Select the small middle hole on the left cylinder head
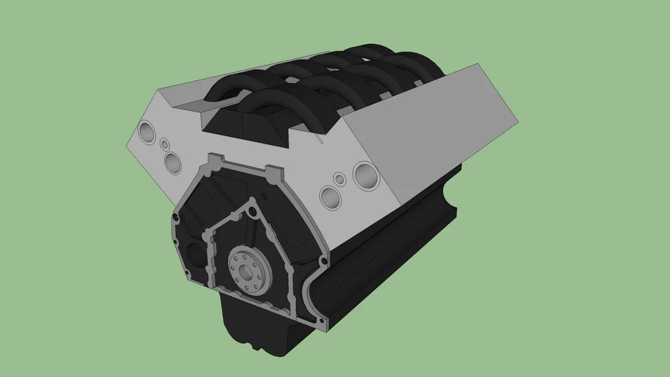[163, 144]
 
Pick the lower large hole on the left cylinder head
[174, 163]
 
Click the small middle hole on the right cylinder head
[339, 179]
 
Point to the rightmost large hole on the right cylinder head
[365, 175]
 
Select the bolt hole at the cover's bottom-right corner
[321, 320]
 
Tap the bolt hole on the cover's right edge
[322, 258]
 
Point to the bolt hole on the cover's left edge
[176, 219]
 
